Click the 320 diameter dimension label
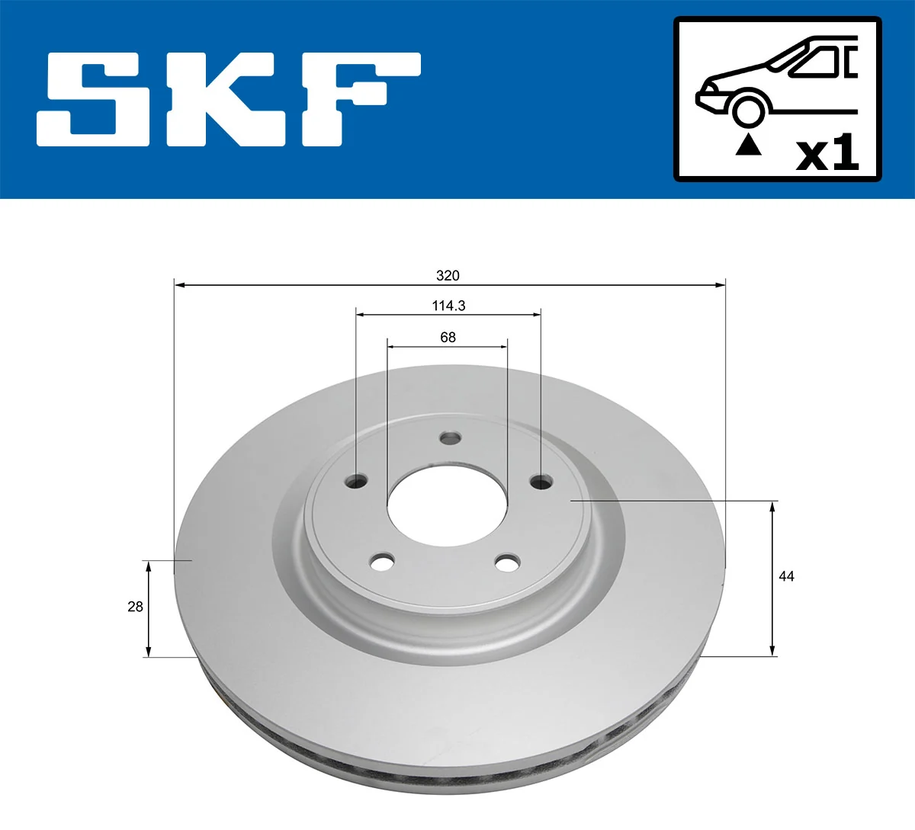point(448,275)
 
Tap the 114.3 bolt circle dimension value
point(448,306)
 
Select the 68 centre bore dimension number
point(448,337)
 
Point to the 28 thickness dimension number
point(135,607)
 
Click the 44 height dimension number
point(786,576)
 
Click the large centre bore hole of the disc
point(447,508)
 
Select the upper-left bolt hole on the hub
point(356,481)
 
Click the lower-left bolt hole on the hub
point(382,563)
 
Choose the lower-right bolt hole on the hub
point(507,563)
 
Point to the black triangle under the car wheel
point(749,144)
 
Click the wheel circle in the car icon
point(748,109)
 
